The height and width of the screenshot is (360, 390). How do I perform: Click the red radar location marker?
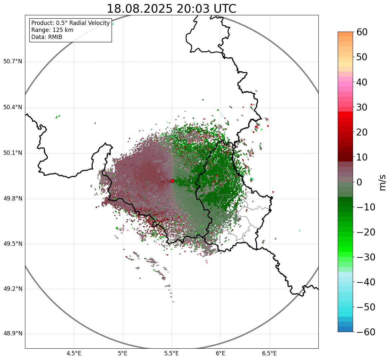pyautogui.click(x=172, y=181)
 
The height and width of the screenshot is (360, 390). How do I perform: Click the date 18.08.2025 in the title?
pyautogui.click(x=140, y=9)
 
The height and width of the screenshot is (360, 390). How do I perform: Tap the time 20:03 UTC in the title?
pyautogui.click(x=206, y=9)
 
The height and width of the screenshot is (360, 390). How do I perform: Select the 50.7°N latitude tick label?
pyautogui.click(x=13, y=61)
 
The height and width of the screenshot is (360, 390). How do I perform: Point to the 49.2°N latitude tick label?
pyautogui.click(x=13, y=289)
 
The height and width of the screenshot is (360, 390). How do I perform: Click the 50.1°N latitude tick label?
pyautogui.click(x=13, y=153)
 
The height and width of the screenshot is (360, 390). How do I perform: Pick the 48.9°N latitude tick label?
pyautogui.click(x=13, y=334)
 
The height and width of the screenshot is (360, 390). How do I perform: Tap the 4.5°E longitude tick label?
pyautogui.click(x=74, y=353)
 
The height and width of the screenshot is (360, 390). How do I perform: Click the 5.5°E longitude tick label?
pyautogui.click(x=172, y=353)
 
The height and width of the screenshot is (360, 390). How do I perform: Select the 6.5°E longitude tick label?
pyautogui.click(x=269, y=353)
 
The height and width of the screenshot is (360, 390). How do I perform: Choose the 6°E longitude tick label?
pyautogui.click(x=220, y=353)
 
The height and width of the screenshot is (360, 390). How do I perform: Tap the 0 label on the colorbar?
pyautogui.click(x=359, y=182)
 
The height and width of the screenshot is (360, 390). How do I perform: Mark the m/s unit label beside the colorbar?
pyautogui.click(x=382, y=182)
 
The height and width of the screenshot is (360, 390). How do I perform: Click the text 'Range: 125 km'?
pyautogui.click(x=52, y=30)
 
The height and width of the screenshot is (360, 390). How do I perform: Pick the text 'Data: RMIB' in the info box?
pyautogui.click(x=47, y=37)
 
